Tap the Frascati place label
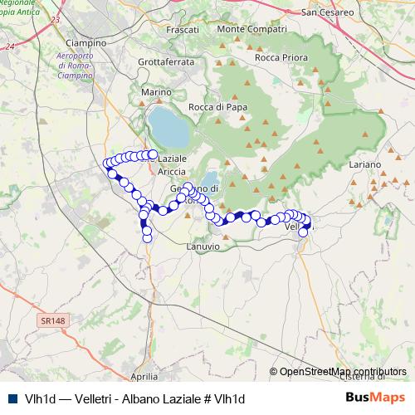click(183, 29)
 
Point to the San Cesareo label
click(327, 12)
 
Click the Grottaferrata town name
click(166, 61)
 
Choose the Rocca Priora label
click(281, 57)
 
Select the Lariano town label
click(364, 165)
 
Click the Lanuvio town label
click(203, 246)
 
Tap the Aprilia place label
click(144, 376)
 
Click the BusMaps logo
click(375, 398)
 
